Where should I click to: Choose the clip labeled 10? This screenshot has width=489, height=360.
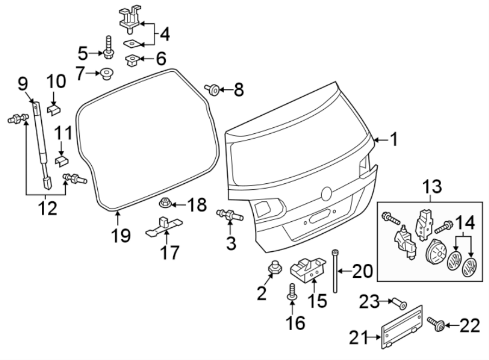pos(53,108)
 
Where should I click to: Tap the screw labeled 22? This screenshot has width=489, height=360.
pos(437,325)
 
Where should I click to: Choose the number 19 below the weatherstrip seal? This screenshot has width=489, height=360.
pos(122,235)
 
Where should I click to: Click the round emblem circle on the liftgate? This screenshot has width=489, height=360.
pos(327,194)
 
